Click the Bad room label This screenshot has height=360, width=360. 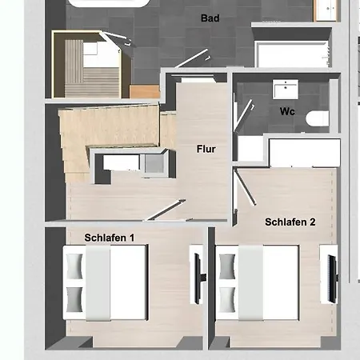coord(210,18)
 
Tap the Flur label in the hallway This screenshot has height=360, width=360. coord(206,149)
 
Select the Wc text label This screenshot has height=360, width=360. coord(287,111)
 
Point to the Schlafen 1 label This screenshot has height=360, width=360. coord(110,238)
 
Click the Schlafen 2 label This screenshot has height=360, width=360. coord(290,222)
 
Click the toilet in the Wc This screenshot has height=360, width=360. coord(317,118)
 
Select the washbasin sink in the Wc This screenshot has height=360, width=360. coord(285,89)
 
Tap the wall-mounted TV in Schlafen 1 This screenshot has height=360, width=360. coord(198,278)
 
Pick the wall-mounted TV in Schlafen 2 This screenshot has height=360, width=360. coord(333,278)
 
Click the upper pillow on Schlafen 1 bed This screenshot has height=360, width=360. coord(74,266)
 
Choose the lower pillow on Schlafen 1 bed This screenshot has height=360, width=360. coord(74,299)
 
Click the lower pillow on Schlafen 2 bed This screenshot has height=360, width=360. coord(227,299)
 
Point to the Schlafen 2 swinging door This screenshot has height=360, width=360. coord(246,188)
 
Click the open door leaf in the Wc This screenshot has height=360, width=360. coord(243,115)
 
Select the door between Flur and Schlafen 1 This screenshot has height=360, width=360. coord(166,210)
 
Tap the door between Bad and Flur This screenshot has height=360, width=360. coord(192,58)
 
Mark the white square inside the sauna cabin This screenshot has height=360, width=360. coord(90,49)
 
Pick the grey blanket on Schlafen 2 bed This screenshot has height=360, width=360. coord(250,283)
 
